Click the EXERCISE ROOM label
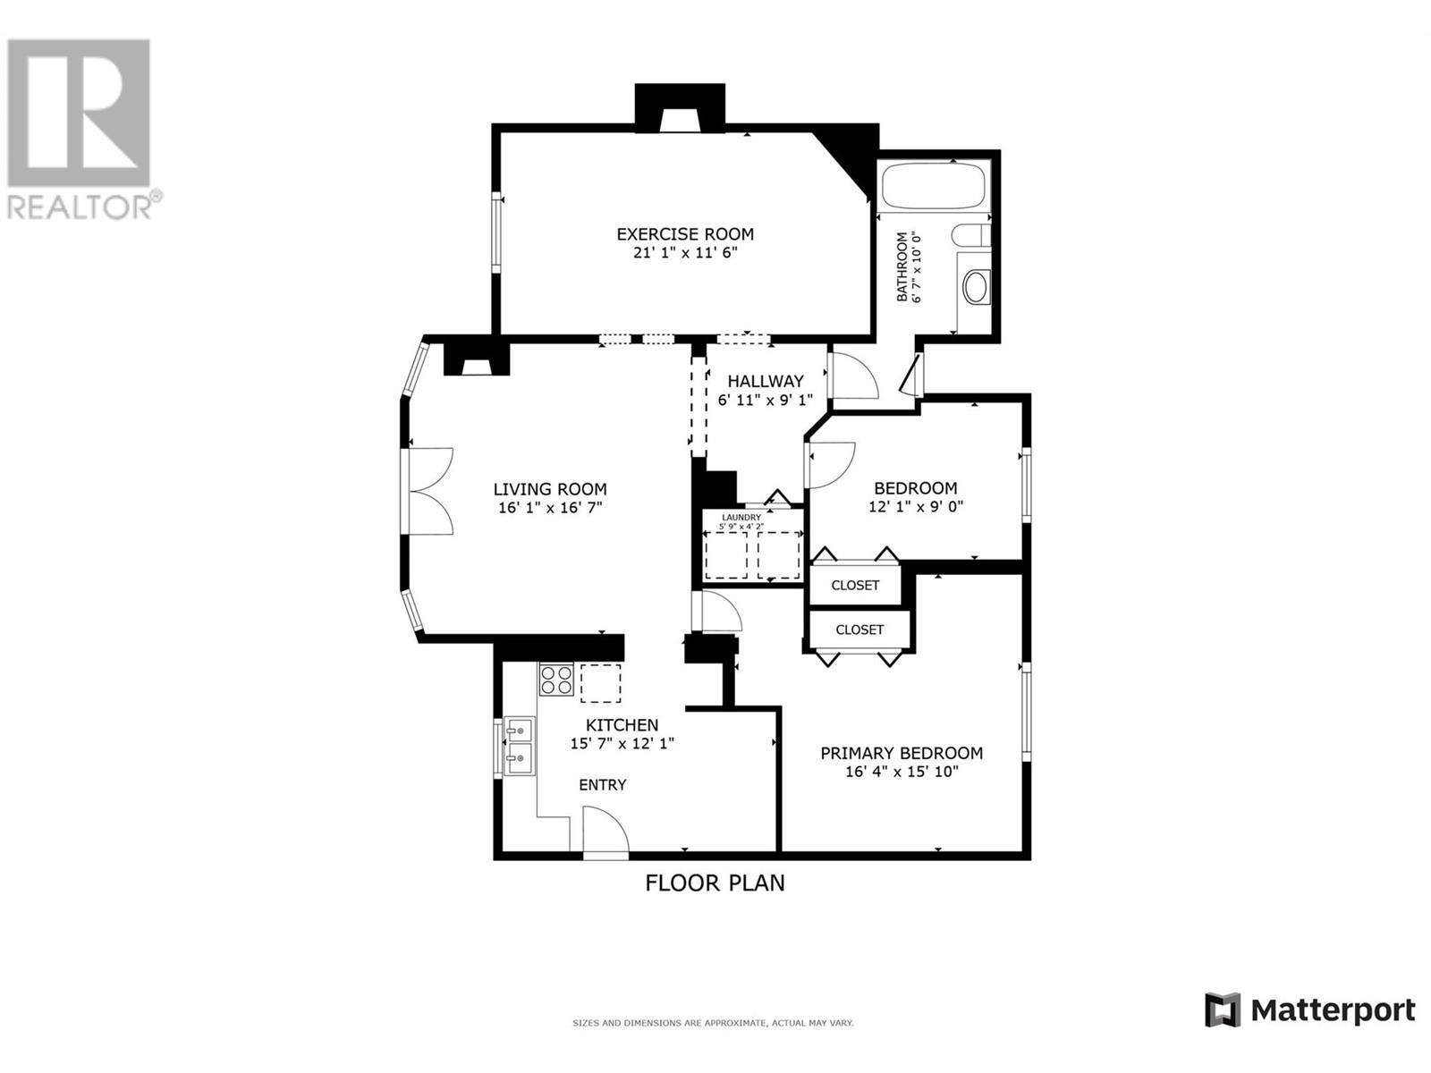pyautogui.click(x=684, y=234)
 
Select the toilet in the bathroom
pyautogui.click(x=970, y=234)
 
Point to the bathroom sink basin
pyautogui.click(x=975, y=287)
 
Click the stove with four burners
pyautogui.click(x=555, y=680)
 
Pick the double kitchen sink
pyautogui.click(x=520, y=746)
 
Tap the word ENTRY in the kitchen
pyautogui.click(x=603, y=785)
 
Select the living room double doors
pyautogui.click(x=430, y=491)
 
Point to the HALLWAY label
pyautogui.click(x=766, y=381)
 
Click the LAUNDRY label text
pyautogui.click(x=741, y=518)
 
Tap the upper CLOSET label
pyautogui.click(x=855, y=586)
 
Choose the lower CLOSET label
pyautogui.click(x=859, y=630)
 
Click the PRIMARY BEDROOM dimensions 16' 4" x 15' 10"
pyautogui.click(x=902, y=772)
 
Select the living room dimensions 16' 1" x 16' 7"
pyautogui.click(x=549, y=508)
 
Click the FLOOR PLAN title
pyautogui.click(x=715, y=883)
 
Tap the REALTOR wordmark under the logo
pyautogui.click(x=80, y=207)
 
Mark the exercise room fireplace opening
pyautogui.click(x=681, y=121)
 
